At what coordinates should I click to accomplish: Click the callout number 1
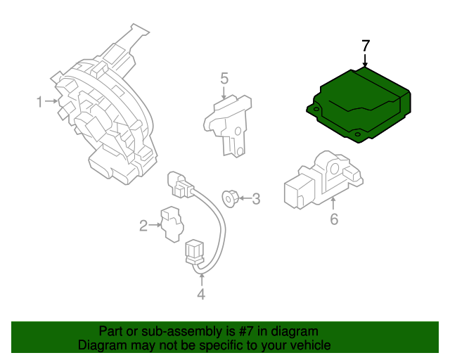[x=39, y=103]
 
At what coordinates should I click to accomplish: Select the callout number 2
[x=143, y=226]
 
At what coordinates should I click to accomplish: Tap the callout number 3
[x=256, y=199]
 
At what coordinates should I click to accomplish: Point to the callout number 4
[x=201, y=295]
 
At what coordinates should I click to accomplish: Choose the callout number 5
[x=224, y=78]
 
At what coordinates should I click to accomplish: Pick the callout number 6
[x=334, y=219]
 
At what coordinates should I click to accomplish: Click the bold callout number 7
[x=365, y=46]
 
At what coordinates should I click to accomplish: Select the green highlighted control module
[x=359, y=104]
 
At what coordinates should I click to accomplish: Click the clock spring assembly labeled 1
[x=105, y=120]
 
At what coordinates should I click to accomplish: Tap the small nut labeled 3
[x=229, y=198]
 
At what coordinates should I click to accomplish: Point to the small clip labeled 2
[x=169, y=223]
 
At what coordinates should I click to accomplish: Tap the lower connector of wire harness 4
[x=194, y=253]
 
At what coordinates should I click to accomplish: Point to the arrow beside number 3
[x=243, y=199]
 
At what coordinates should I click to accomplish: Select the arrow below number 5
[x=224, y=92]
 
